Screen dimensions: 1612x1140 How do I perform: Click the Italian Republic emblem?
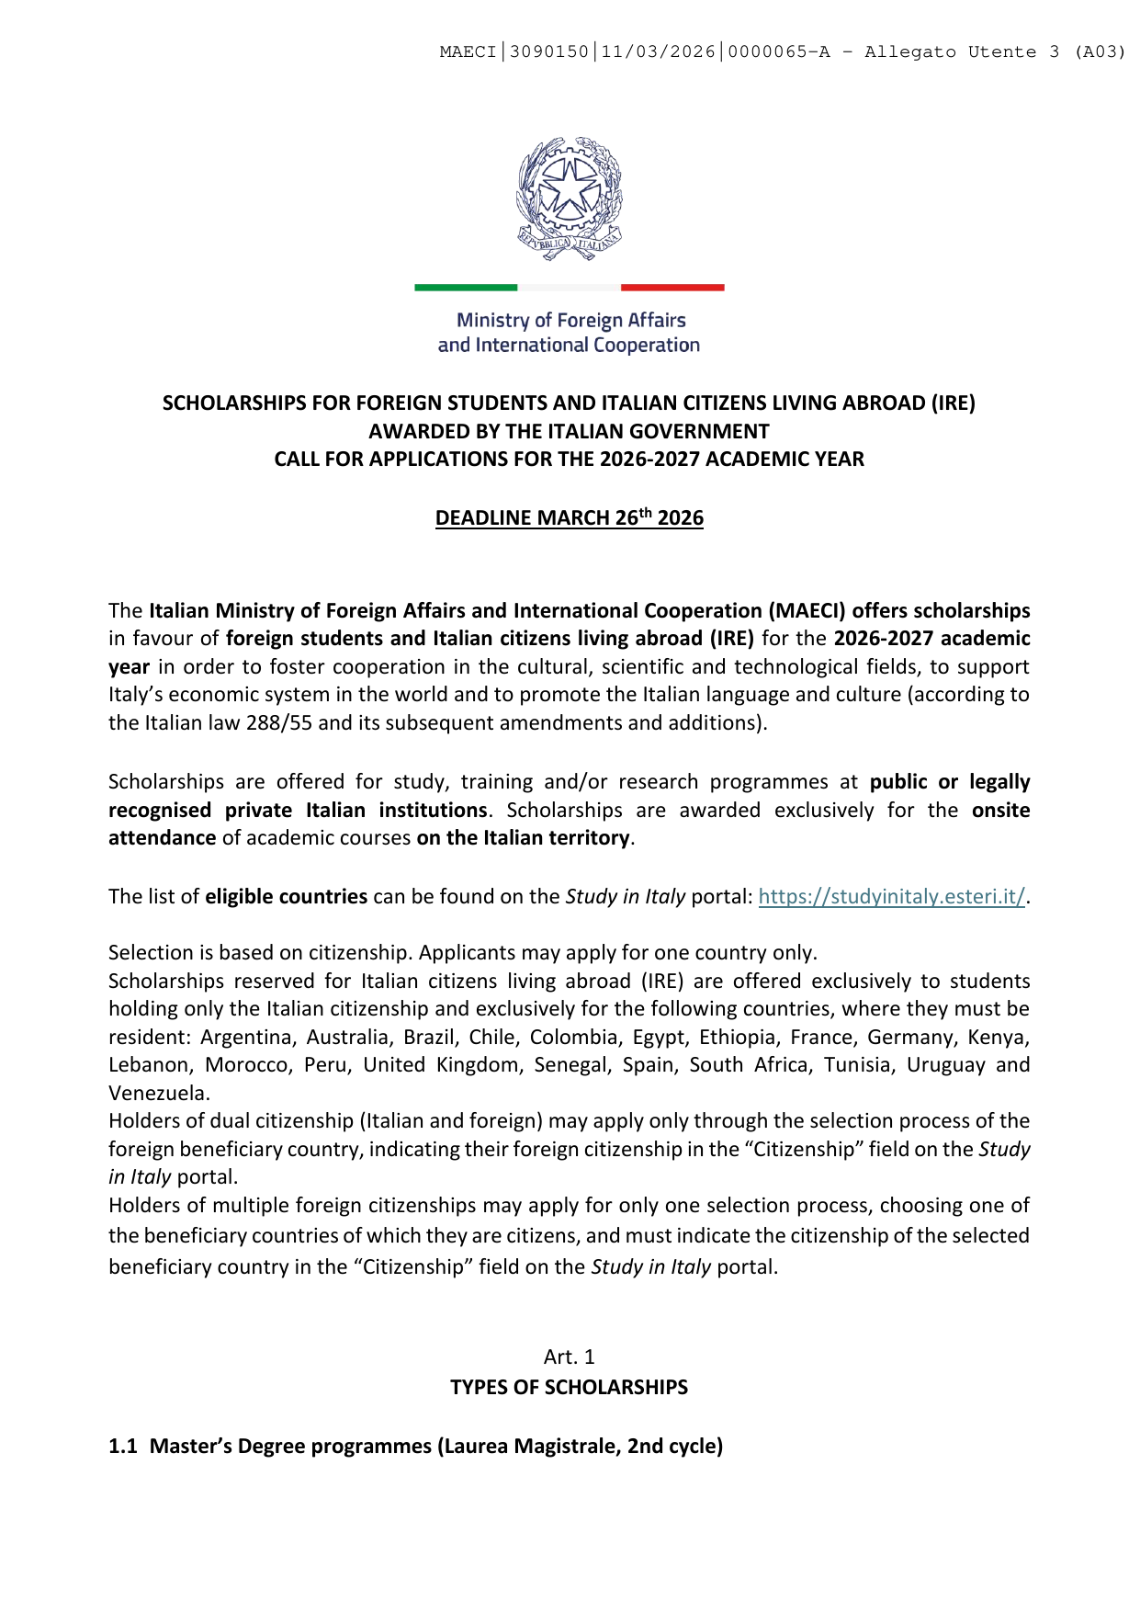569,198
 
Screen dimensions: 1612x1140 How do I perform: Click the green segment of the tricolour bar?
466,288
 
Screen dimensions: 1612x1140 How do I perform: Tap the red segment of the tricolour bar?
672,288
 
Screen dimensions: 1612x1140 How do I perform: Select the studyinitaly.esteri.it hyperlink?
891,897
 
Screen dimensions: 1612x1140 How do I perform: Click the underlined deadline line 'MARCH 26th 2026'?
570,518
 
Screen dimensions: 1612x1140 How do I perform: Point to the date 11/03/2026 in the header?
658,52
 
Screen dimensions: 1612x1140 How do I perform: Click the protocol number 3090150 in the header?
548,52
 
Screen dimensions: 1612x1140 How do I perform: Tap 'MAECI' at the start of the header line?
468,52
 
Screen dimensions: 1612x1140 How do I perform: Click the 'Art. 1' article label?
570,1357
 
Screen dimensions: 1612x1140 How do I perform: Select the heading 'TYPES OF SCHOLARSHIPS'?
570,1388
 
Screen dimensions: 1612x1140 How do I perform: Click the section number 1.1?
123,1447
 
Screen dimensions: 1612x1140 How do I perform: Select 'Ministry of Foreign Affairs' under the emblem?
570,321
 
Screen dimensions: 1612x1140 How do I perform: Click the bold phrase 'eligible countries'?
286,897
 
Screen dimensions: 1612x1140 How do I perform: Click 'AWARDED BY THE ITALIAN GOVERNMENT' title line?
570,432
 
